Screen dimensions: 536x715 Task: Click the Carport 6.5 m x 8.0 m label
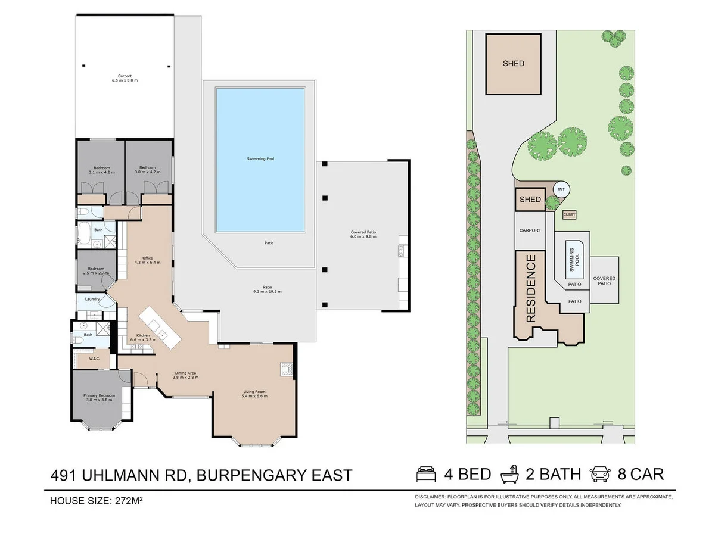coord(125,78)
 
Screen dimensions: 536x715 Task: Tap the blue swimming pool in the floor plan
coord(260,160)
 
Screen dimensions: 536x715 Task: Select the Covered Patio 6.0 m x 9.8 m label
coord(363,235)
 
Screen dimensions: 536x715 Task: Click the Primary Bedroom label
coord(98,398)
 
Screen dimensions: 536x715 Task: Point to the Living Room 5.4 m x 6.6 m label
coord(254,394)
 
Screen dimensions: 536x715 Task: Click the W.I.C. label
coord(94,359)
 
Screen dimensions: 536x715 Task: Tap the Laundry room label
coord(92,299)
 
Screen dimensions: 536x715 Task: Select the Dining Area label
coord(184,375)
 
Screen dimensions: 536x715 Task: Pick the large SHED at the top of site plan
coord(513,64)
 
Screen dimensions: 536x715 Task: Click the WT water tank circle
coord(561,190)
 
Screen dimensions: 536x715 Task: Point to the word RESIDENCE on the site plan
coord(531,288)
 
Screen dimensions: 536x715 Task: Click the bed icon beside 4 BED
coord(427,474)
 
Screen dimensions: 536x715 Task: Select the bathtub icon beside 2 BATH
coord(511,474)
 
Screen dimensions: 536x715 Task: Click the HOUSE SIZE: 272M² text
coord(96,501)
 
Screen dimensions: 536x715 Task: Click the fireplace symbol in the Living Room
coord(287,369)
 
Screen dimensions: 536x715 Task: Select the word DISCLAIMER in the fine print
coord(431,497)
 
